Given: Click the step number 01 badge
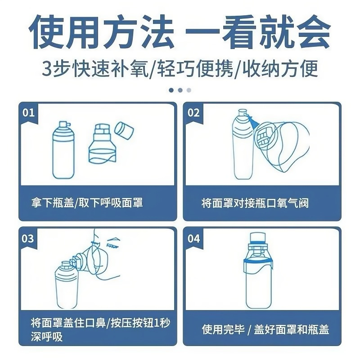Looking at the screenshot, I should tap(28, 112).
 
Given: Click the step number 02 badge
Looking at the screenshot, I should tap(193, 112).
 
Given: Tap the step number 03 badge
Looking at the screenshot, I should tap(28, 238).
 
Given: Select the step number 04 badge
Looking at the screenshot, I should tap(193, 238).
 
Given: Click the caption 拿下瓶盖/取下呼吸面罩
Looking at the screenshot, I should tap(84, 203).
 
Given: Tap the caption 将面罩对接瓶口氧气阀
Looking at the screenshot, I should tap(255, 203).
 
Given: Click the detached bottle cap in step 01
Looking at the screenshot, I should tap(124, 130).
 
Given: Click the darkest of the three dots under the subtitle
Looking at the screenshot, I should tap(171, 90).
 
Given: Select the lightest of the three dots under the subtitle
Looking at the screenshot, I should tap(189, 90).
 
